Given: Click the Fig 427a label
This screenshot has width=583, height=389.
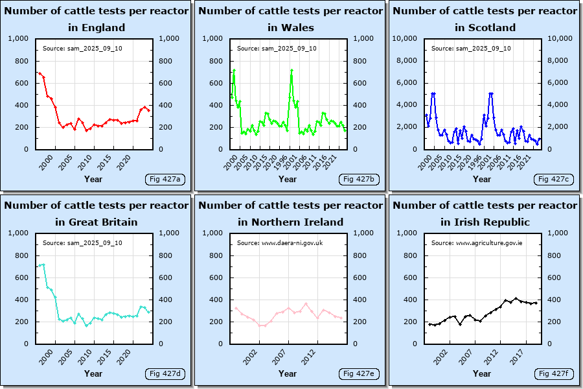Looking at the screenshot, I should click(x=165, y=179).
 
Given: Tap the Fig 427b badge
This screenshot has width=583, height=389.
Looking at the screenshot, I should click(x=359, y=179).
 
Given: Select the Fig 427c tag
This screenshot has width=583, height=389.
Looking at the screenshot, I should click(x=553, y=179).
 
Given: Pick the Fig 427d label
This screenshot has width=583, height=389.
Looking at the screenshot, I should click(x=165, y=373).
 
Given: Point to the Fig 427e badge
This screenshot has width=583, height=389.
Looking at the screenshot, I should click(x=359, y=373).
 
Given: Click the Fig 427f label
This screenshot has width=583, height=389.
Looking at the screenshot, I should click(x=553, y=373).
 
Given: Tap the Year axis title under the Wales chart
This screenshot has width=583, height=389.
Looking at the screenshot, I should click(x=288, y=179).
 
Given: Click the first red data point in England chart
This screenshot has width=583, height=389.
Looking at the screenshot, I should click(x=39, y=73).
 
